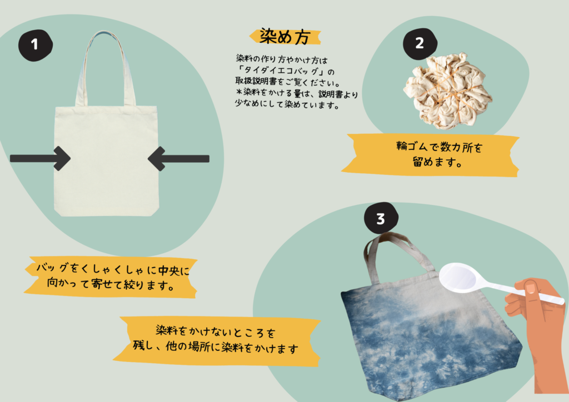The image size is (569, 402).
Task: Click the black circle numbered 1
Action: pos(36,45)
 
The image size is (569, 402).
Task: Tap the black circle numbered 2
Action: pos(420,44)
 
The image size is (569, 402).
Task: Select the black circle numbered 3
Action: pos(381,219)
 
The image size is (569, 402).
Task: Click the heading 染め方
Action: pos(285,37)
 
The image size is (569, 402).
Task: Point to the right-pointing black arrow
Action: pos(40,158)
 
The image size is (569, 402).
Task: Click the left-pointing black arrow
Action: pos(178,158)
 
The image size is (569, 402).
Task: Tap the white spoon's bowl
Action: pos(458,277)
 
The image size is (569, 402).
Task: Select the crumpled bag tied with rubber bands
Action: pos(447,91)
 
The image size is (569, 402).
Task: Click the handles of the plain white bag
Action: pos(106,68)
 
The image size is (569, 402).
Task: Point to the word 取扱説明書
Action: pos(256,81)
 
